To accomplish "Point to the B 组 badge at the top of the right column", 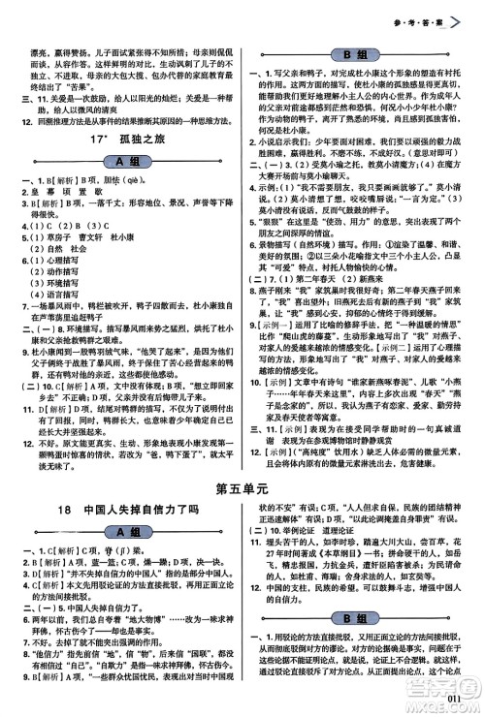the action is coord(366,53).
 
